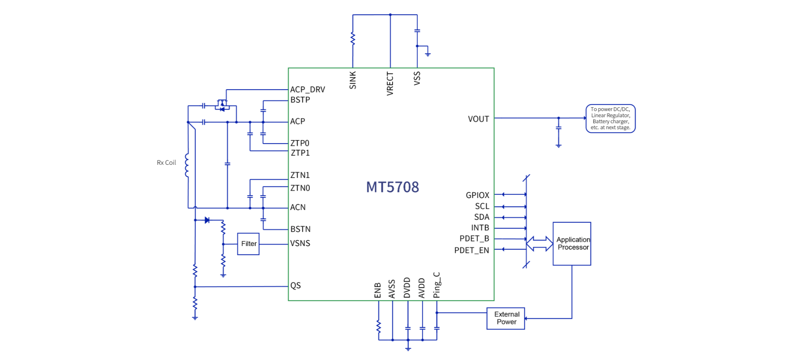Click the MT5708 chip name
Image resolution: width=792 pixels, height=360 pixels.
pyautogui.click(x=392, y=187)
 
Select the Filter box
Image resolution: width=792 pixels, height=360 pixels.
pyautogui.click(x=248, y=244)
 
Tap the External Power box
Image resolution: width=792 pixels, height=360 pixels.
pyautogui.click(x=506, y=318)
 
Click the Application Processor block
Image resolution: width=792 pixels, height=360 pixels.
pyautogui.click(x=572, y=244)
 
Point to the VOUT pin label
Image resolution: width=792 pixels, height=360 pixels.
pyautogui.click(x=478, y=119)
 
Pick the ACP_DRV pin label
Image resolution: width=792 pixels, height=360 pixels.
pyautogui.click(x=308, y=90)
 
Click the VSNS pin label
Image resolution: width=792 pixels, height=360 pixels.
pyautogui.click(x=300, y=243)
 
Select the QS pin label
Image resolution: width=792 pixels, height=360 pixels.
pyautogui.click(x=296, y=286)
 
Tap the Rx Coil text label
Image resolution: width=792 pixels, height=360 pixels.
pyautogui.click(x=166, y=163)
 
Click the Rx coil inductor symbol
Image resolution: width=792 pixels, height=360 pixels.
pyautogui.click(x=187, y=165)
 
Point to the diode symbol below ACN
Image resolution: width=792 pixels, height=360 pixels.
pyautogui.click(x=207, y=220)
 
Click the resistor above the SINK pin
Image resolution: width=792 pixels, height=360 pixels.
pyautogui.click(x=353, y=39)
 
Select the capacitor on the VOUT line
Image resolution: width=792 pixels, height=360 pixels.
pyautogui.click(x=559, y=128)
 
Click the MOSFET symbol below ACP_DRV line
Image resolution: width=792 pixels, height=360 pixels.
pyautogui.click(x=222, y=105)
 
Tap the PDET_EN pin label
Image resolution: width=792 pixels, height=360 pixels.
pyautogui.click(x=472, y=250)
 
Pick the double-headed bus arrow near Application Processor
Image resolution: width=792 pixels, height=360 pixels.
pyautogui.click(x=539, y=244)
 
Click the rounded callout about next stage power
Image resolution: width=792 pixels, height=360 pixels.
pyautogui.click(x=610, y=118)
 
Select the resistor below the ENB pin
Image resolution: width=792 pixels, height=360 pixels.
pyautogui.click(x=378, y=326)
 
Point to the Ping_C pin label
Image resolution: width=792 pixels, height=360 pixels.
pyautogui.click(x=437, y=285)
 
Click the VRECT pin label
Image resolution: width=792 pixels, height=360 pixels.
pyautogui.click(x=390, y=84)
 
